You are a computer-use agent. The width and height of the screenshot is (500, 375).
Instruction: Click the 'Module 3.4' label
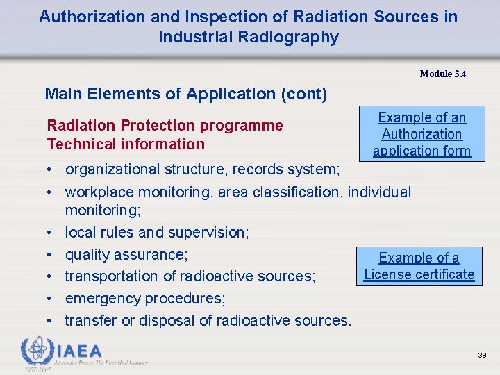442,74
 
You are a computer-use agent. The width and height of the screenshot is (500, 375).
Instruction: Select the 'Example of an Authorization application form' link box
422,134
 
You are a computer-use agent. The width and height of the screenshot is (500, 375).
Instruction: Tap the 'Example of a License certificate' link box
419,266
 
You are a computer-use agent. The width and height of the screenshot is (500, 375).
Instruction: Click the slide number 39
482,355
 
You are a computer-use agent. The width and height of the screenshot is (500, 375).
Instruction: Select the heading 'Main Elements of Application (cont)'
185,94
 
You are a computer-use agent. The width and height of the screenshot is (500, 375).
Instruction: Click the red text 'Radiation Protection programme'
165,125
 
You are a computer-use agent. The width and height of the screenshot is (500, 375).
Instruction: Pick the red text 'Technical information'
126,144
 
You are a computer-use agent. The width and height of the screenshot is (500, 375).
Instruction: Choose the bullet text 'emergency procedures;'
144,298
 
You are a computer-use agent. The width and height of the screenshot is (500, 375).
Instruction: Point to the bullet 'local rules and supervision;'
156,232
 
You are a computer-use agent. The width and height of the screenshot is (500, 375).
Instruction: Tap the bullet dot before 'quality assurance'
52,255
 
